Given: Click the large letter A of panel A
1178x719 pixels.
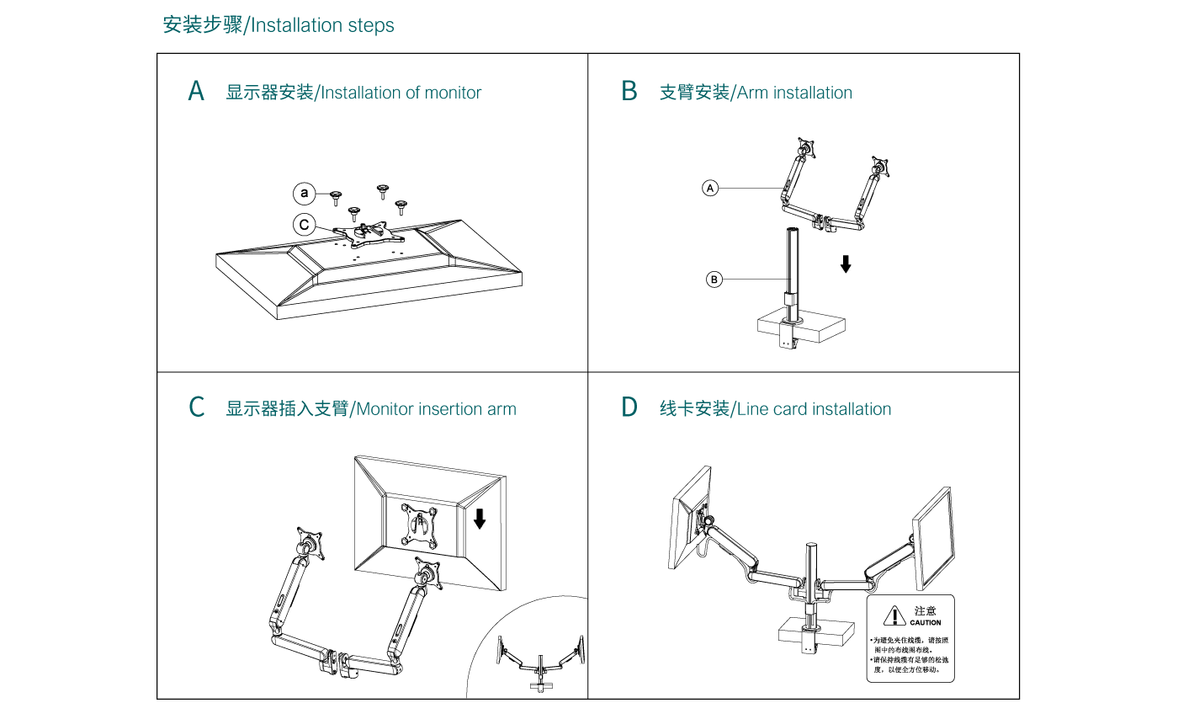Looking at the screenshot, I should pyautogui.click(x=196, y=91).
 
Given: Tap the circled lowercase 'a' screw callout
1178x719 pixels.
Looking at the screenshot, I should pyautogui.click(x=305, y=194).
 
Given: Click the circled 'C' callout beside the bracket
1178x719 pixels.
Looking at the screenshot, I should pyautogui.click(x=305, y=225).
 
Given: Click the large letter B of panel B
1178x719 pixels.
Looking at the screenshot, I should pyautogui.click(x=629, y=91).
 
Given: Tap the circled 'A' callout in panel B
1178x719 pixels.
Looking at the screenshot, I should pyautogui.click(x=711, y=188).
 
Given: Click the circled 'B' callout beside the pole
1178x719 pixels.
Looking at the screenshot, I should pyautogui.click(x=714, y=279).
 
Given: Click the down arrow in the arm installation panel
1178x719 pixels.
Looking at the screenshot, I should pyautogui.click(x=846, y=264).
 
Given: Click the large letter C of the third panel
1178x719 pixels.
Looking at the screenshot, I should pyautogui.click(x=197, y=407).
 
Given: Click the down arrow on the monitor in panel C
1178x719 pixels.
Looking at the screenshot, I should pyautogui.click(x=480, y=518).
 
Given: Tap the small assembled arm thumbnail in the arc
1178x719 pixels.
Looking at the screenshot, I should pyautogui.click(x=539, y=661).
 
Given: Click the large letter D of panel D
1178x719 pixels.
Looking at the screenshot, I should pyautogui.click(x=629, y=407).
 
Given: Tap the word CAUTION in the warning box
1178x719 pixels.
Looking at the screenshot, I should pyautogui.click(x=925, y=623).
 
